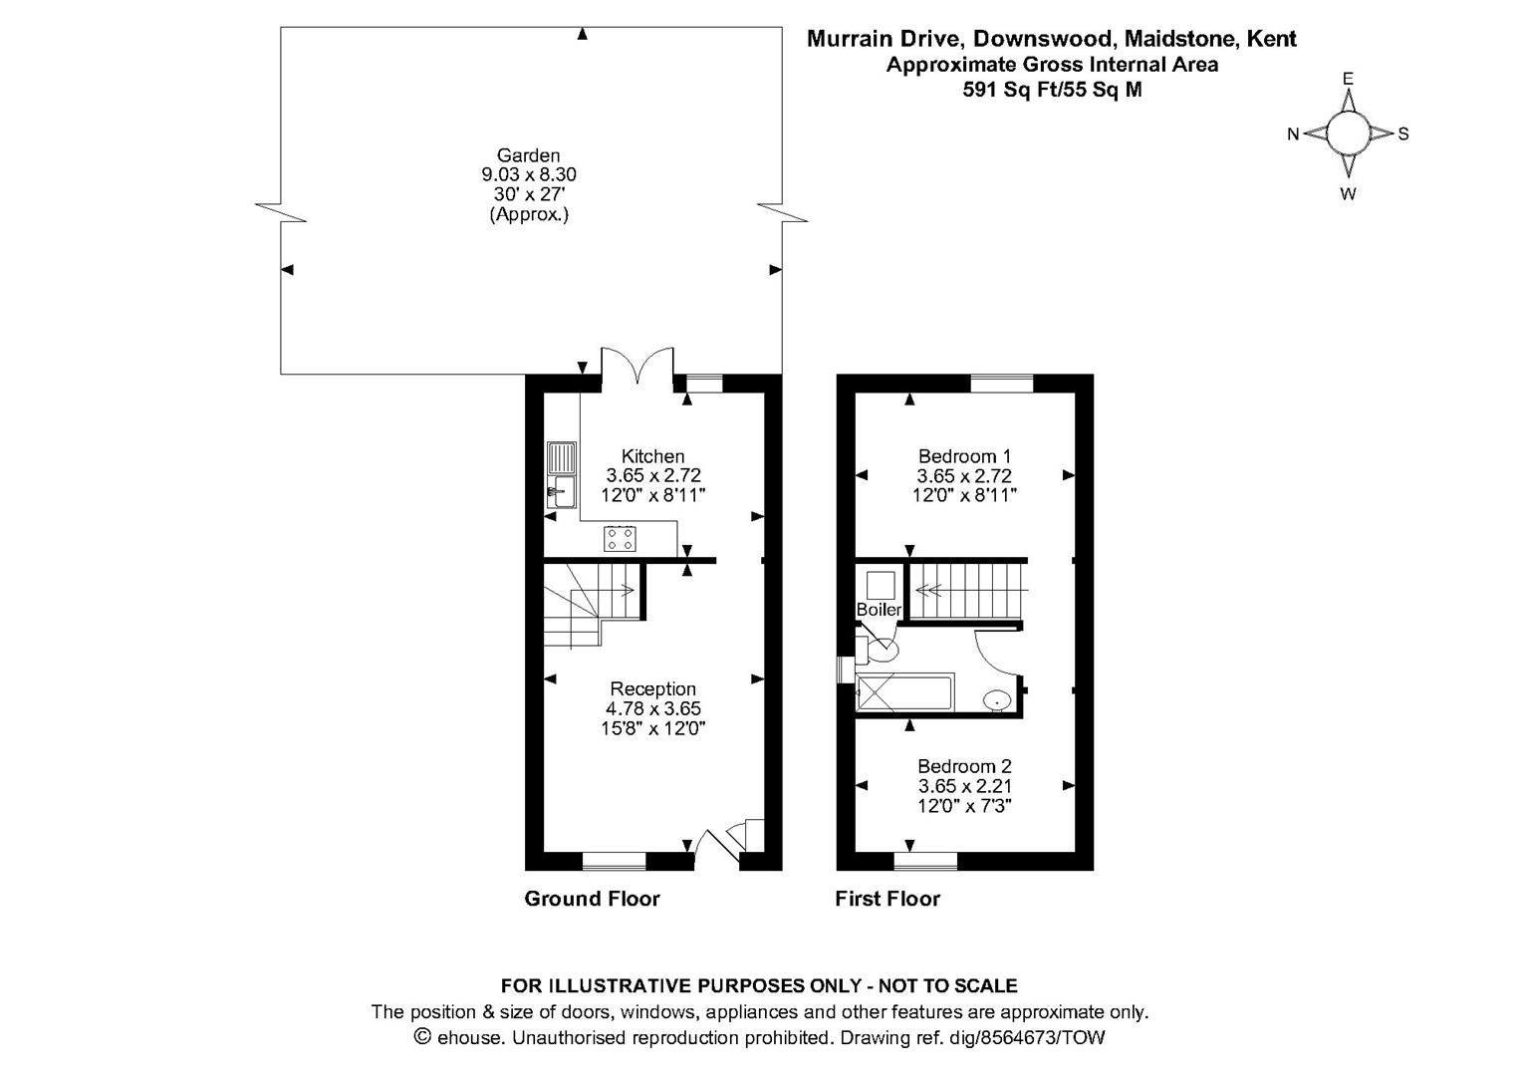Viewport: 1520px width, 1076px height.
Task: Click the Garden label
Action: [x=529, y=155]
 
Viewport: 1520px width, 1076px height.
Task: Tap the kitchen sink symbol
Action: [x=561, y=474]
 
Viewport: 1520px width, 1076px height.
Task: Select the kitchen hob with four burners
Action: [x=621, y=539]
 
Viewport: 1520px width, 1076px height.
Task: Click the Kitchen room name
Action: [x=652, y=456]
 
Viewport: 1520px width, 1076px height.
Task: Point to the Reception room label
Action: [x=652, y=688]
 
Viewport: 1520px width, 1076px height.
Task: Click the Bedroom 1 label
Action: [x=964, y=456]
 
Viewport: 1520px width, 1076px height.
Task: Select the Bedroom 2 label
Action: [x=964, y=766]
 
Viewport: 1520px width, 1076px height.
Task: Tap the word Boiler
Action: [x=879, y=610]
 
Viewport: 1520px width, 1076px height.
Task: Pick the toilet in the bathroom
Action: [x=881, y=650]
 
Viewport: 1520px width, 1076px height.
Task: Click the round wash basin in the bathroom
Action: [x=996, y=701]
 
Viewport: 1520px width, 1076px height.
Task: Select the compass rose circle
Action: [x=1348, y=134]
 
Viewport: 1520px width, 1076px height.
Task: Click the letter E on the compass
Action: [x=1348, y=78]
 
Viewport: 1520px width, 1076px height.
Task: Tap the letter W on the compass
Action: [x=1348, y=194]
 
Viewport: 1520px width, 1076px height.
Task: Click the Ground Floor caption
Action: [x=592, y=899]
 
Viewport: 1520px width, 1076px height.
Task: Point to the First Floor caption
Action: [x=887, y=899]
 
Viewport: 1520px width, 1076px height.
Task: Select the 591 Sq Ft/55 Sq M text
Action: [x=1052, y=90]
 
